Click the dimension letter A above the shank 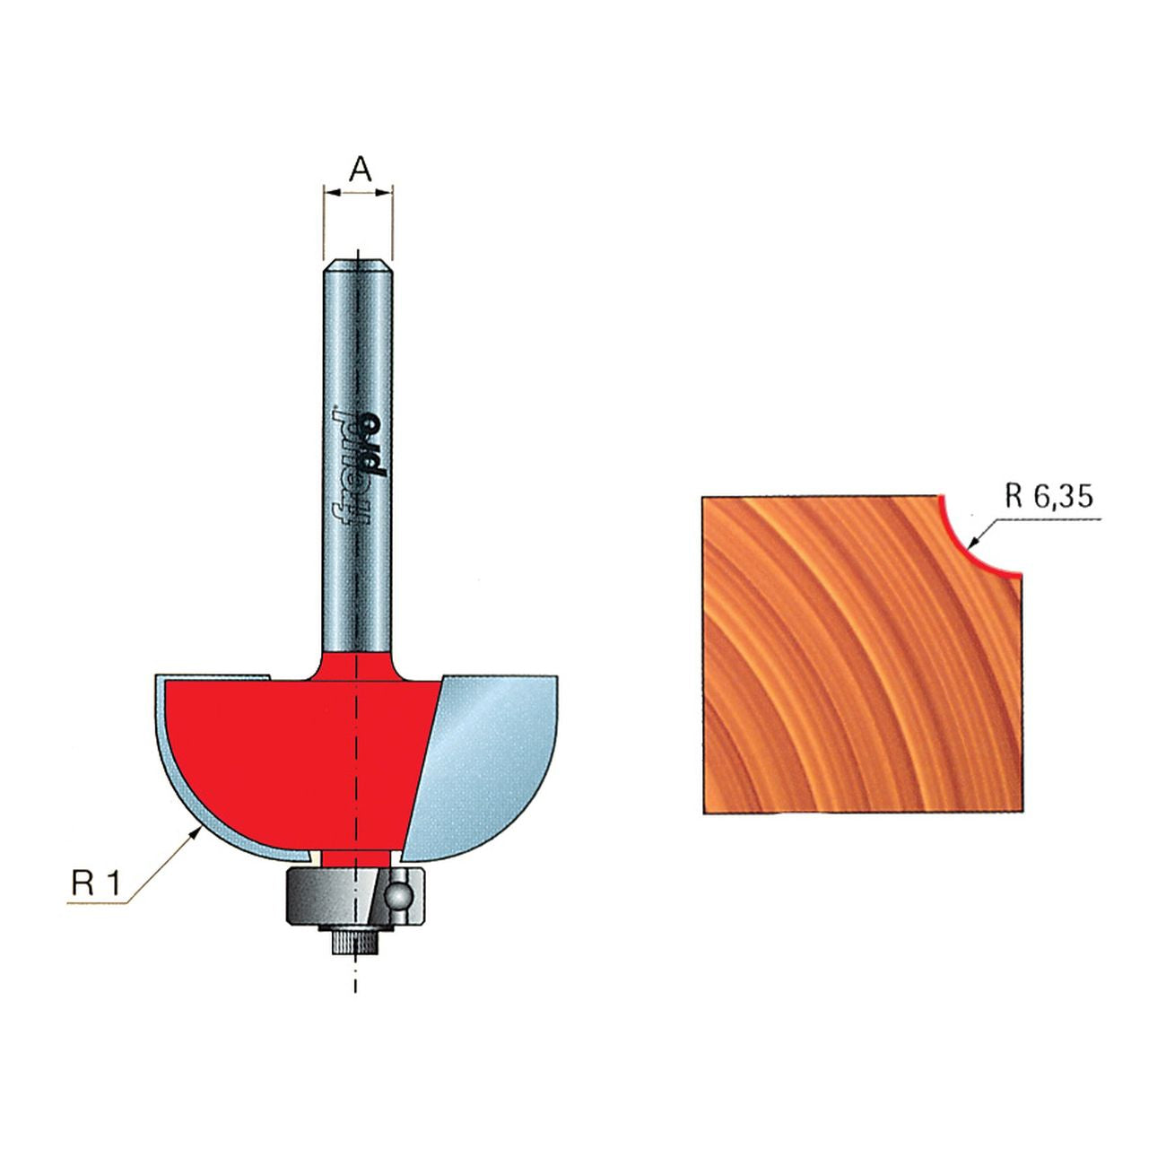coord(360,170)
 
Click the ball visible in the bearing coord(399,893)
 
